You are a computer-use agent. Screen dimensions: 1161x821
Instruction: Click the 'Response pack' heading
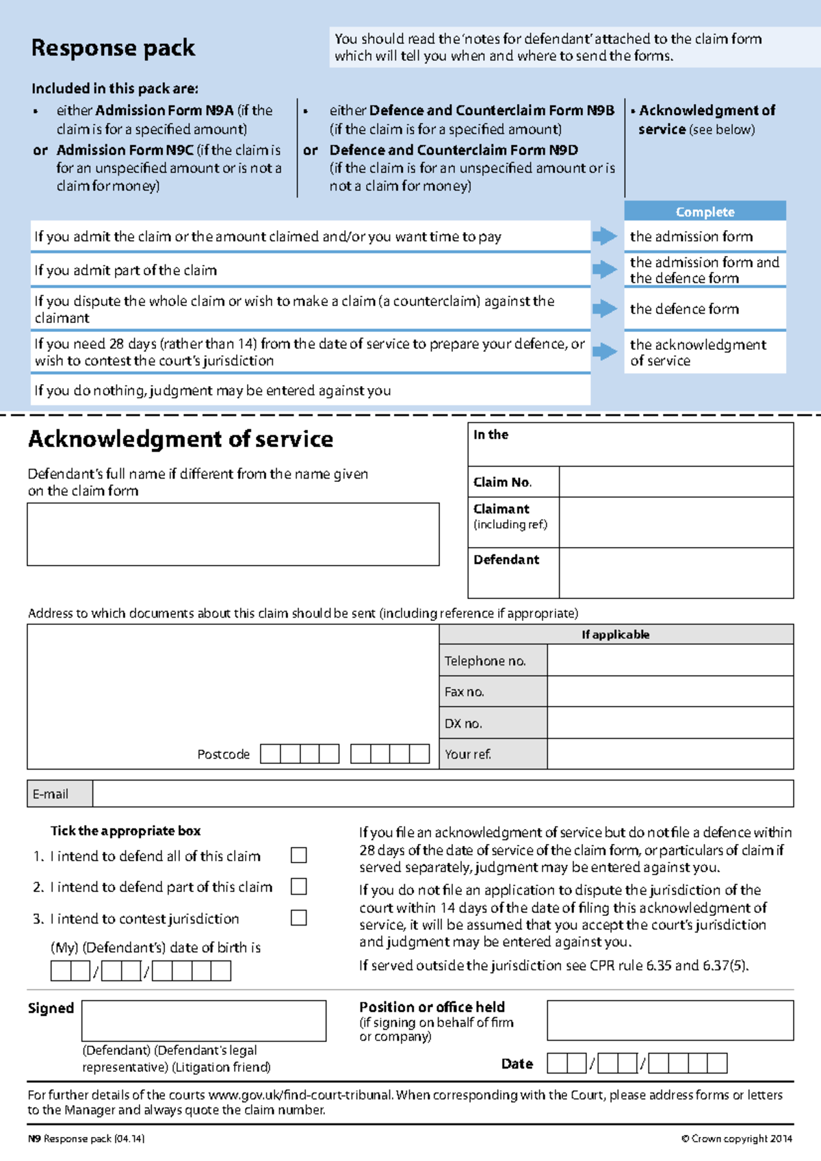113,48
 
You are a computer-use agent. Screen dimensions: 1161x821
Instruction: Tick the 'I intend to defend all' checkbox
298,855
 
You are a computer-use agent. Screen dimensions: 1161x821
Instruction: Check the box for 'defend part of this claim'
298,886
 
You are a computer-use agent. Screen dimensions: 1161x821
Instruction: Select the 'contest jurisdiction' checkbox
298,917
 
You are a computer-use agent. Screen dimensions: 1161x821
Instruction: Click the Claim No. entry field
675,482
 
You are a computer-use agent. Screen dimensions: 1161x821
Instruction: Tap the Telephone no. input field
670,661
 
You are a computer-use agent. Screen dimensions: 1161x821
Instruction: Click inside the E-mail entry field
442,794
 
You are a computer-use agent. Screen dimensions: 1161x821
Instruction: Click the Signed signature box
203,1021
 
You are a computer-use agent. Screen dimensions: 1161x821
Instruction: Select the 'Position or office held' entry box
670,1020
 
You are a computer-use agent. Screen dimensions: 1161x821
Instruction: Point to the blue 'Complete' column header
705,212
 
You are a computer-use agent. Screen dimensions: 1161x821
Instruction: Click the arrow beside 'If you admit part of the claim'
604,269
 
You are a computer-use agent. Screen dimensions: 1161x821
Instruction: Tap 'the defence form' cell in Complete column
684,309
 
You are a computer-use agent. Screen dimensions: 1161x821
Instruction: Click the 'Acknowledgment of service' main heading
181,439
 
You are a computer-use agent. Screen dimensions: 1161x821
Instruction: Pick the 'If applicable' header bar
616,634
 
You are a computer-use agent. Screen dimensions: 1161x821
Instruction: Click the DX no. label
463,724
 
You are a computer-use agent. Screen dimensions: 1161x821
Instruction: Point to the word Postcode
223,754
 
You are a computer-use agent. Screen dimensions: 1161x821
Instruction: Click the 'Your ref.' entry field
670,754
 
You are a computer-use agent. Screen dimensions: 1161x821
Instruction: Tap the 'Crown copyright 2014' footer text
736,1138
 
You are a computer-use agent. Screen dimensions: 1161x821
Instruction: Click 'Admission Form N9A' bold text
164,110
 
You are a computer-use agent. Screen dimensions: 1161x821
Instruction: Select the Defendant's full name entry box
233,534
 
